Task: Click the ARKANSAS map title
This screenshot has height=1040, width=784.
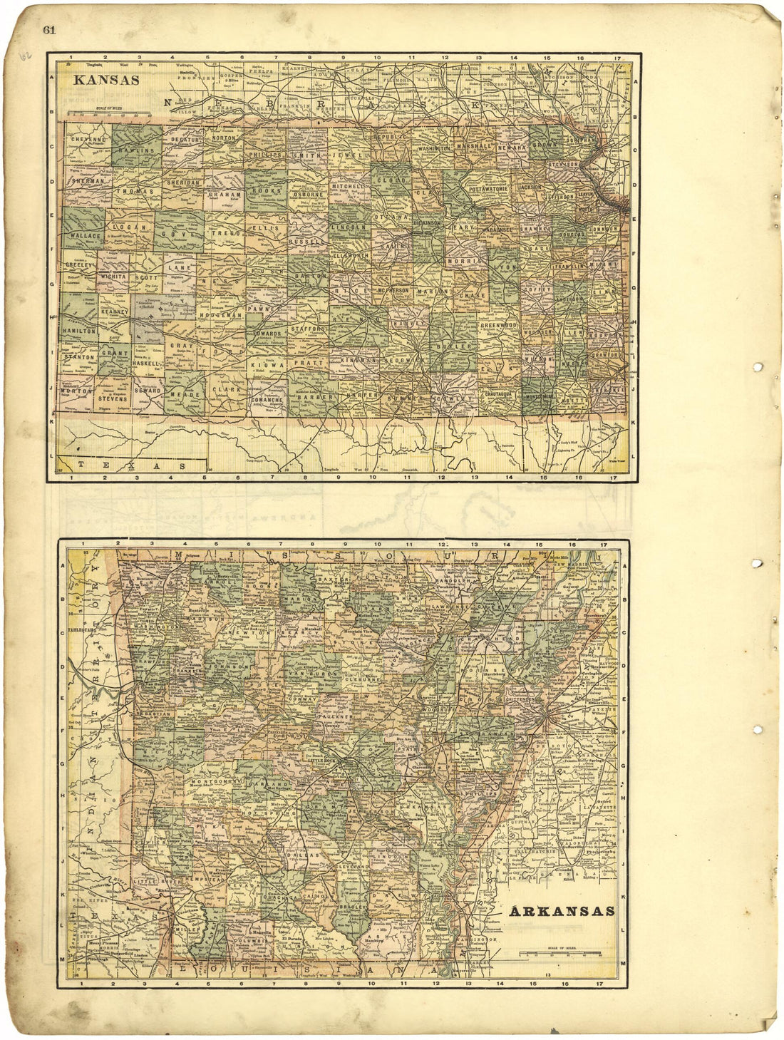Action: (563, 911)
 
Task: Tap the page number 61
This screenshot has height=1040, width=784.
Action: (49, 29)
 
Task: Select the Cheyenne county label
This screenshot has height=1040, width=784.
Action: (86, 140)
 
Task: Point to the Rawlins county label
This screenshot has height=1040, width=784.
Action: (137, 151)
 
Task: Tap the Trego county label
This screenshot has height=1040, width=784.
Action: (225, 232)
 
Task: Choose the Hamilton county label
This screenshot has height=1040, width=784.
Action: (78, 331)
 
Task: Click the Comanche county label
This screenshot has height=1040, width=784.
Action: (267, 400)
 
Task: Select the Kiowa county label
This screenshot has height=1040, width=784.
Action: (267, 364)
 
